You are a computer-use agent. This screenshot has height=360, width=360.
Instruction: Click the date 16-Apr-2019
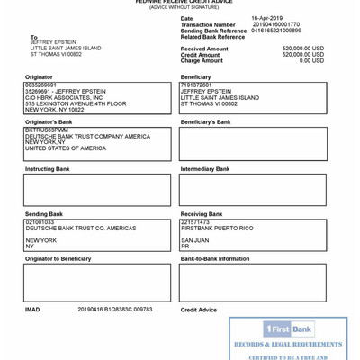point(266,18)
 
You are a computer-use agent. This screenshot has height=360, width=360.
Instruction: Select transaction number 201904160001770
point(275,24)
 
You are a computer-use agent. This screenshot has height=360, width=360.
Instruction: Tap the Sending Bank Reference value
point(276,31)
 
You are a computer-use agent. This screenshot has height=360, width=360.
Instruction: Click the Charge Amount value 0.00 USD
point(311,60)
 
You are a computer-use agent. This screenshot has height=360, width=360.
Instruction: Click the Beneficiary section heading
point(195,77)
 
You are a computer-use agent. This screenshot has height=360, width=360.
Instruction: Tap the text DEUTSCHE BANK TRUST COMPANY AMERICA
point(87,136)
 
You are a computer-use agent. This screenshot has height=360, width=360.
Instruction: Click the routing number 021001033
point(40,221)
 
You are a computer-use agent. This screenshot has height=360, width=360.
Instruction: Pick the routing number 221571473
point(194,221)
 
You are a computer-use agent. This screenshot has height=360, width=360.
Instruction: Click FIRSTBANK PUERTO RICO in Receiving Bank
point(217,229)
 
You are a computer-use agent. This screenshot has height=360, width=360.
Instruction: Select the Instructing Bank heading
point(47,168)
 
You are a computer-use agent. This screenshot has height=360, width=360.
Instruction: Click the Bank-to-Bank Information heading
point(215,258)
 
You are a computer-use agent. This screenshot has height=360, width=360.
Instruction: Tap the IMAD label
point(32,309)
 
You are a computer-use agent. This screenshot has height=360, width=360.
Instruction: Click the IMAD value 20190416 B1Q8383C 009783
point(114,309)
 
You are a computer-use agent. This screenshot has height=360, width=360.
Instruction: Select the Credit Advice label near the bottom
point(198,310)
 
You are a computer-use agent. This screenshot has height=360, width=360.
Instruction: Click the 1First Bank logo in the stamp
point(288,329)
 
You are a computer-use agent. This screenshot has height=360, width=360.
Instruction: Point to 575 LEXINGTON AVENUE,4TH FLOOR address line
point(76,103)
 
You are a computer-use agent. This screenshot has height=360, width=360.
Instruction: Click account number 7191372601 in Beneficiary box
point(197,85)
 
